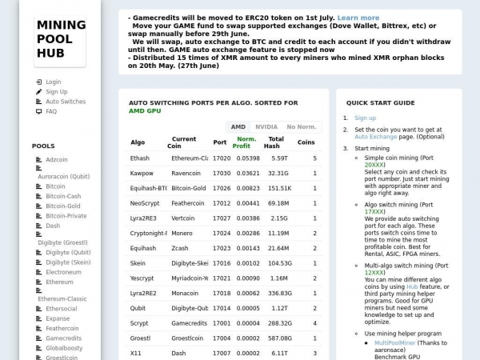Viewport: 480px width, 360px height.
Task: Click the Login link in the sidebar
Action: tap(53, 82)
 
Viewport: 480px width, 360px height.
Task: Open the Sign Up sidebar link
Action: tap(56, 92)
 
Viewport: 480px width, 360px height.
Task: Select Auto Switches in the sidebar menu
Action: tap(65, 102)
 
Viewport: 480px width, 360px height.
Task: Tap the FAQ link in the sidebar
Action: tap(51, 111)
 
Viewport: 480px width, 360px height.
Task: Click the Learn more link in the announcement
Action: tap(358, 18)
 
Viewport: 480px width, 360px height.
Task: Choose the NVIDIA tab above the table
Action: tap(266, 126)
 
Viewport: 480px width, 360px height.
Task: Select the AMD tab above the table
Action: tap(238, 126)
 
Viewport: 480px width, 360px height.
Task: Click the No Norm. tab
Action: tap(302, 126)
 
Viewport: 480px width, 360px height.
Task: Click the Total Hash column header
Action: tap(273, 142)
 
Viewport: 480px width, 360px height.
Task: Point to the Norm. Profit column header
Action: tap(246, 142)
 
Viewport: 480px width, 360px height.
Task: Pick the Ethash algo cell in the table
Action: tap(139, 158)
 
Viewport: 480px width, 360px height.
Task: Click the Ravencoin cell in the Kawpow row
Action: tap(186, 173)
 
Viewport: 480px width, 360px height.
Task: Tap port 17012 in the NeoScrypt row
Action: tap(221, 203)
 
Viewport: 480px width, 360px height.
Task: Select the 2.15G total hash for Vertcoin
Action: tap(278, 218)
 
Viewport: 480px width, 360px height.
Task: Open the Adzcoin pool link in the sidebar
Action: tap(57, 159)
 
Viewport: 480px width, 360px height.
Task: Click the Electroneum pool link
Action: tap(63, 272)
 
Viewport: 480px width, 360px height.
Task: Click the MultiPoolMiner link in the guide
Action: tap(396, 342)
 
